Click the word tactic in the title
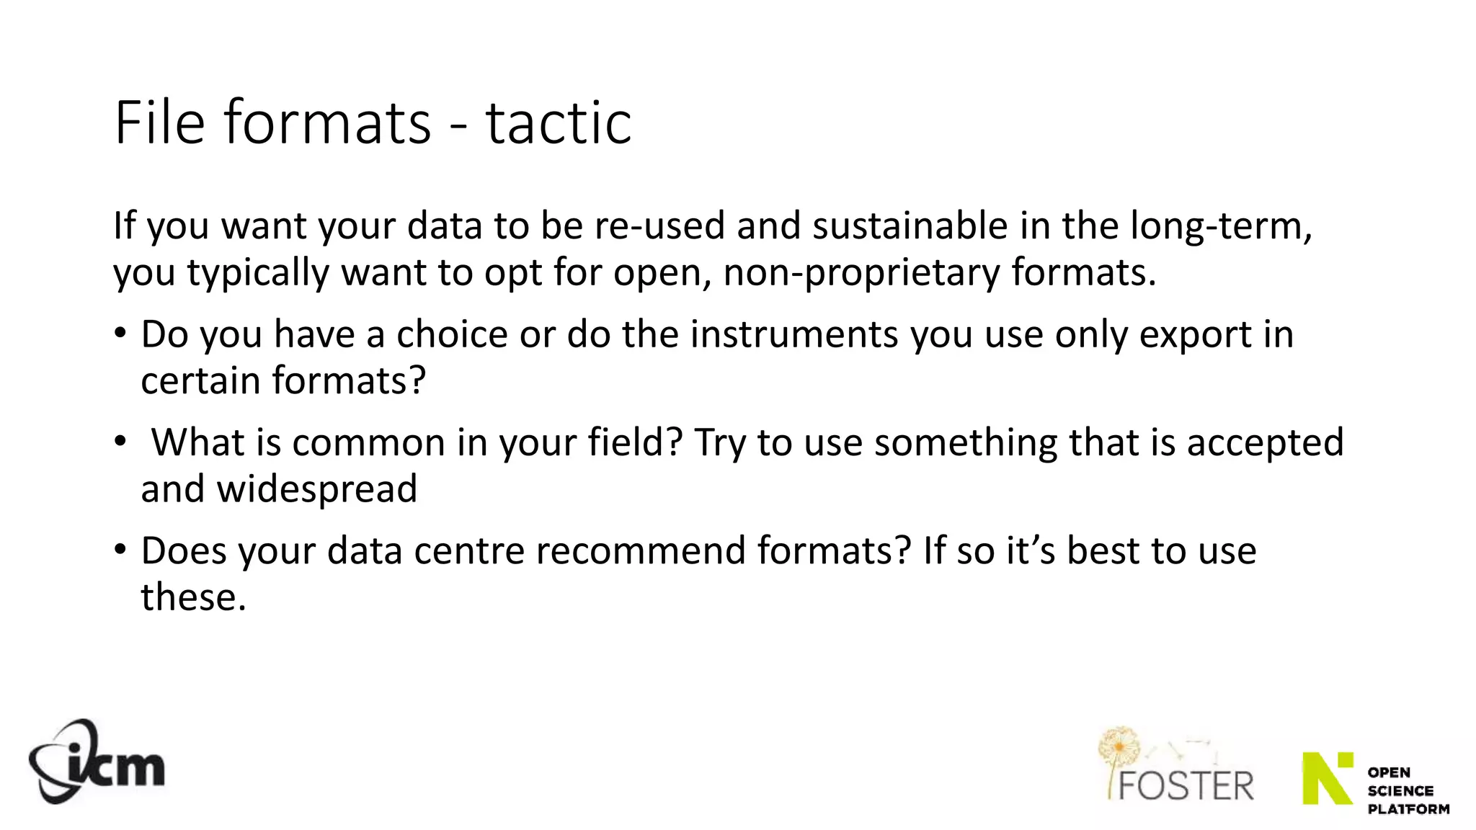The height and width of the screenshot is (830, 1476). tap(559, 122)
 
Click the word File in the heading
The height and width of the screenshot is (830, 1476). tap(159, 122)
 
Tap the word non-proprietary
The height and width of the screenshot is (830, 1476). tap(861, 273)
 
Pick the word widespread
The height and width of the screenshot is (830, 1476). tap(317, 488)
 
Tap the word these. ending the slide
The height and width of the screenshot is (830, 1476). tap(193, 597)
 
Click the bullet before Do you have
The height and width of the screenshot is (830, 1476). tap(120, 334)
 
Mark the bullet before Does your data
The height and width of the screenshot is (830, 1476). tap(120, 550)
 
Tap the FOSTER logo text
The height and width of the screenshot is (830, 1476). tap(1186, 785)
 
